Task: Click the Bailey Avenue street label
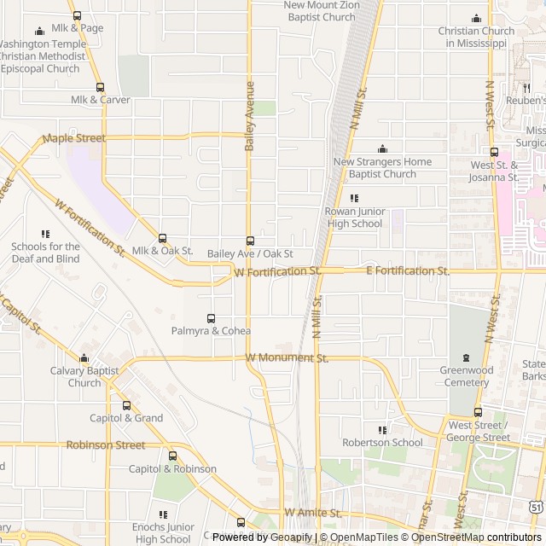(x=250, y=116)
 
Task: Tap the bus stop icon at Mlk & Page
(x=78, y=15)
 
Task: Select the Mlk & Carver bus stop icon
(x=101, y=87)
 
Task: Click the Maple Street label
(x=73, y=138)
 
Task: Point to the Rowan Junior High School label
(x=354, y=218)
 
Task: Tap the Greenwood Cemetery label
(x=466, y=376)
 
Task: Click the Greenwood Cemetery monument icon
(x=466, y=358)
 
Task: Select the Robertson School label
(x=382, y=443)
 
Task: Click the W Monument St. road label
(x=287, y=358)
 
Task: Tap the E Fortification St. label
(x=407, y=270)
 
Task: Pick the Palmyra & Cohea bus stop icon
(x=211, y=318)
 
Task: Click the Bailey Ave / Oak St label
(x=250, y=253)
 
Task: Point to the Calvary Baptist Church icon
(x=84, y=358)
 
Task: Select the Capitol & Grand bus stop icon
(x=126, y=405)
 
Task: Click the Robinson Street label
(x=106, y=444)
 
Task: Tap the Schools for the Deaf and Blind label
(x=45, y=253)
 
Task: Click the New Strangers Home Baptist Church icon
(x=382, y=149)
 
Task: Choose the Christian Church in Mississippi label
(x=476, y=37)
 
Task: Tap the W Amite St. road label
(x=313, y=513)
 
